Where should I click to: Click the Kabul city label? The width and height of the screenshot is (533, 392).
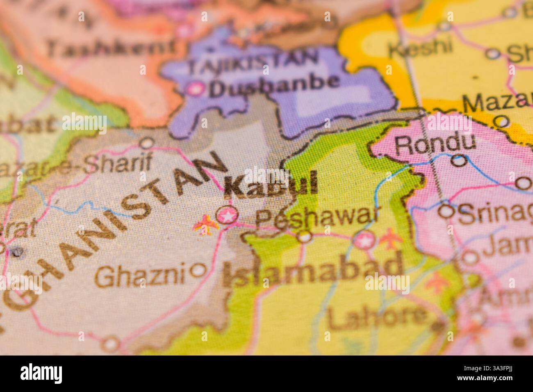coord(271,185)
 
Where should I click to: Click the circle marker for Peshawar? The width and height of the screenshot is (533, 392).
coord(304,237)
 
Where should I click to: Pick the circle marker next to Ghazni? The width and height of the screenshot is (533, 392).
coord(199,270)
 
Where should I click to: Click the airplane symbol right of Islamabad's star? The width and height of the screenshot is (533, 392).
coord(390,239)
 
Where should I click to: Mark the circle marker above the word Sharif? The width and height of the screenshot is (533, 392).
coord(146,144)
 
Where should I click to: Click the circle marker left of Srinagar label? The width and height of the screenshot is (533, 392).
coord(446,211)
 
